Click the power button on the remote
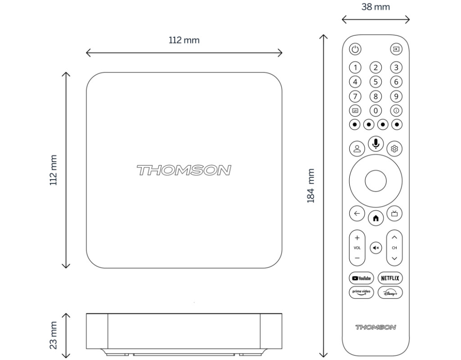(x=355, y=49)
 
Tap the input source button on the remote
(x=396, y=49)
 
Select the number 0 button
(x=375, y=111)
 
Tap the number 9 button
(x=396, y=96)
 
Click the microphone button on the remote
(x=376, y=144)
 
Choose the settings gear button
(x=394, y=148)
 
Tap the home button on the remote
(x=376, y=218)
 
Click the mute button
(x=376, y=248)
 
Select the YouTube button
(x=362, y=278)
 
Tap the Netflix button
(x=390, y=278)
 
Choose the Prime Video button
(x=362, y=292)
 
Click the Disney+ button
(x=390, y=292)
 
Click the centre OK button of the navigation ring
(x=376, y=181)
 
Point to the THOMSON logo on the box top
(x=184, y=171)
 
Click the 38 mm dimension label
(x=376, y=7)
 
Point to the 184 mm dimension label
(x=311, y=186)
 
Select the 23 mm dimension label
(x=53, y=335)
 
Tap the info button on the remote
(x=396, y=111)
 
